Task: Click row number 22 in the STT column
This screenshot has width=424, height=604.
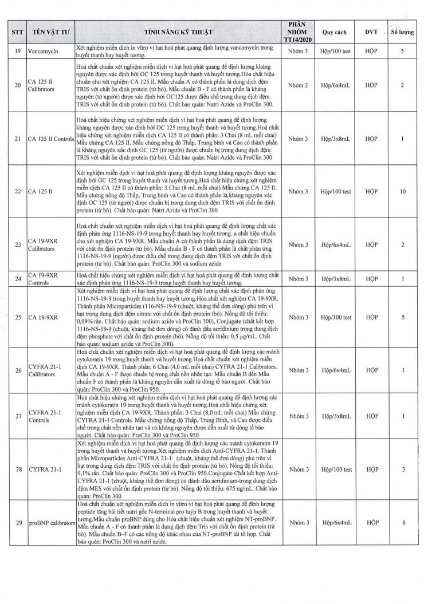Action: pyautogui.click(x=17, y=191)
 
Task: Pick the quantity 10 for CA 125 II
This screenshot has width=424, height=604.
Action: pyautogui.click(x=402, y=191)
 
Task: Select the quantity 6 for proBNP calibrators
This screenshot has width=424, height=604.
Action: pyautogui.click(x=402, y=523)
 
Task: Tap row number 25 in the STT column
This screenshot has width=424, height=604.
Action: pyautogui.click(x=17, y=317)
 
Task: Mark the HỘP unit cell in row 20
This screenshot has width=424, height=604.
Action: pyautogui.click(x=371, y=85)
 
